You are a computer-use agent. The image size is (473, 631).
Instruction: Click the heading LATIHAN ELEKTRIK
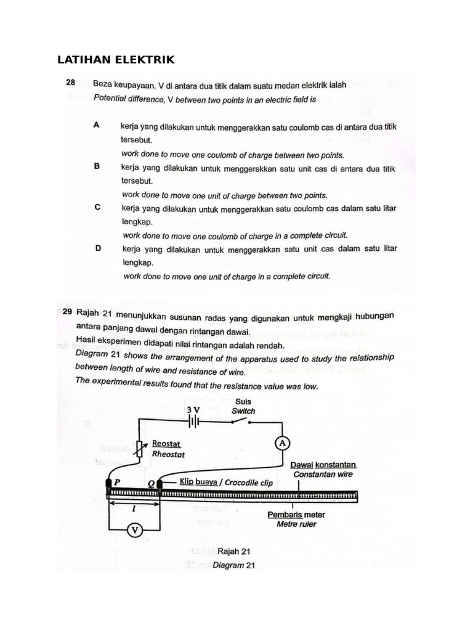click(116, 60)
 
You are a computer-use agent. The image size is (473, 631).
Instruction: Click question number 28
click(71, 83)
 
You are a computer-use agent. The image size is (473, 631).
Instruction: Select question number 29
click(68, 312)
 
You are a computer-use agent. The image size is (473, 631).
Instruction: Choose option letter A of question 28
click(97, 125)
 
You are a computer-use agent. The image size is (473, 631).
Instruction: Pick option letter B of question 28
click(97, 167)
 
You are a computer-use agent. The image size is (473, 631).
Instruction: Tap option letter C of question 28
click(97, 208)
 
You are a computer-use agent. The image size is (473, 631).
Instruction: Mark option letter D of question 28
click(97, 249)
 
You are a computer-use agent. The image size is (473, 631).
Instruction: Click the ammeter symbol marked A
click(281, 443)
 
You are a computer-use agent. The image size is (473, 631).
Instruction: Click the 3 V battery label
click(193, 409)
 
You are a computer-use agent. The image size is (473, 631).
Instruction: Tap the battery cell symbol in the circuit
click(193, 422)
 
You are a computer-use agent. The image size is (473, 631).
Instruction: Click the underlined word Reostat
click(168, 443)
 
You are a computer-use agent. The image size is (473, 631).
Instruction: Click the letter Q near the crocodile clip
click(152, 483)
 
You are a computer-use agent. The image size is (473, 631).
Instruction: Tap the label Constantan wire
click(322, 474)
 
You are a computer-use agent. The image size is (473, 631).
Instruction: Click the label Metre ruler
click(296, 524)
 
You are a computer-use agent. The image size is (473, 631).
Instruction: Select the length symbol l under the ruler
click(134, 509)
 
